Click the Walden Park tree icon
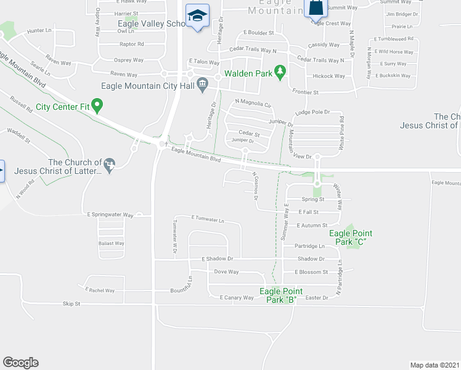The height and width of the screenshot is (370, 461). point(280,73)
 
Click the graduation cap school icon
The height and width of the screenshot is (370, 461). point(197,16)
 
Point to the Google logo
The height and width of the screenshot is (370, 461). point(20,363)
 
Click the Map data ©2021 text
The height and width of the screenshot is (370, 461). point(434,365)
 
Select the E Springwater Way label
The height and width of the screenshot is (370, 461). point(110,215)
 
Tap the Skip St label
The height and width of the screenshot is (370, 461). point(72,304)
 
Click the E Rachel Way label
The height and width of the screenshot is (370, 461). point(100,290)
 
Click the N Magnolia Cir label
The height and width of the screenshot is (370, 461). point(253,104)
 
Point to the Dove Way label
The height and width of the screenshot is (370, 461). point(226,272)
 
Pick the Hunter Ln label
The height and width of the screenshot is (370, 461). point(39,30)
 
